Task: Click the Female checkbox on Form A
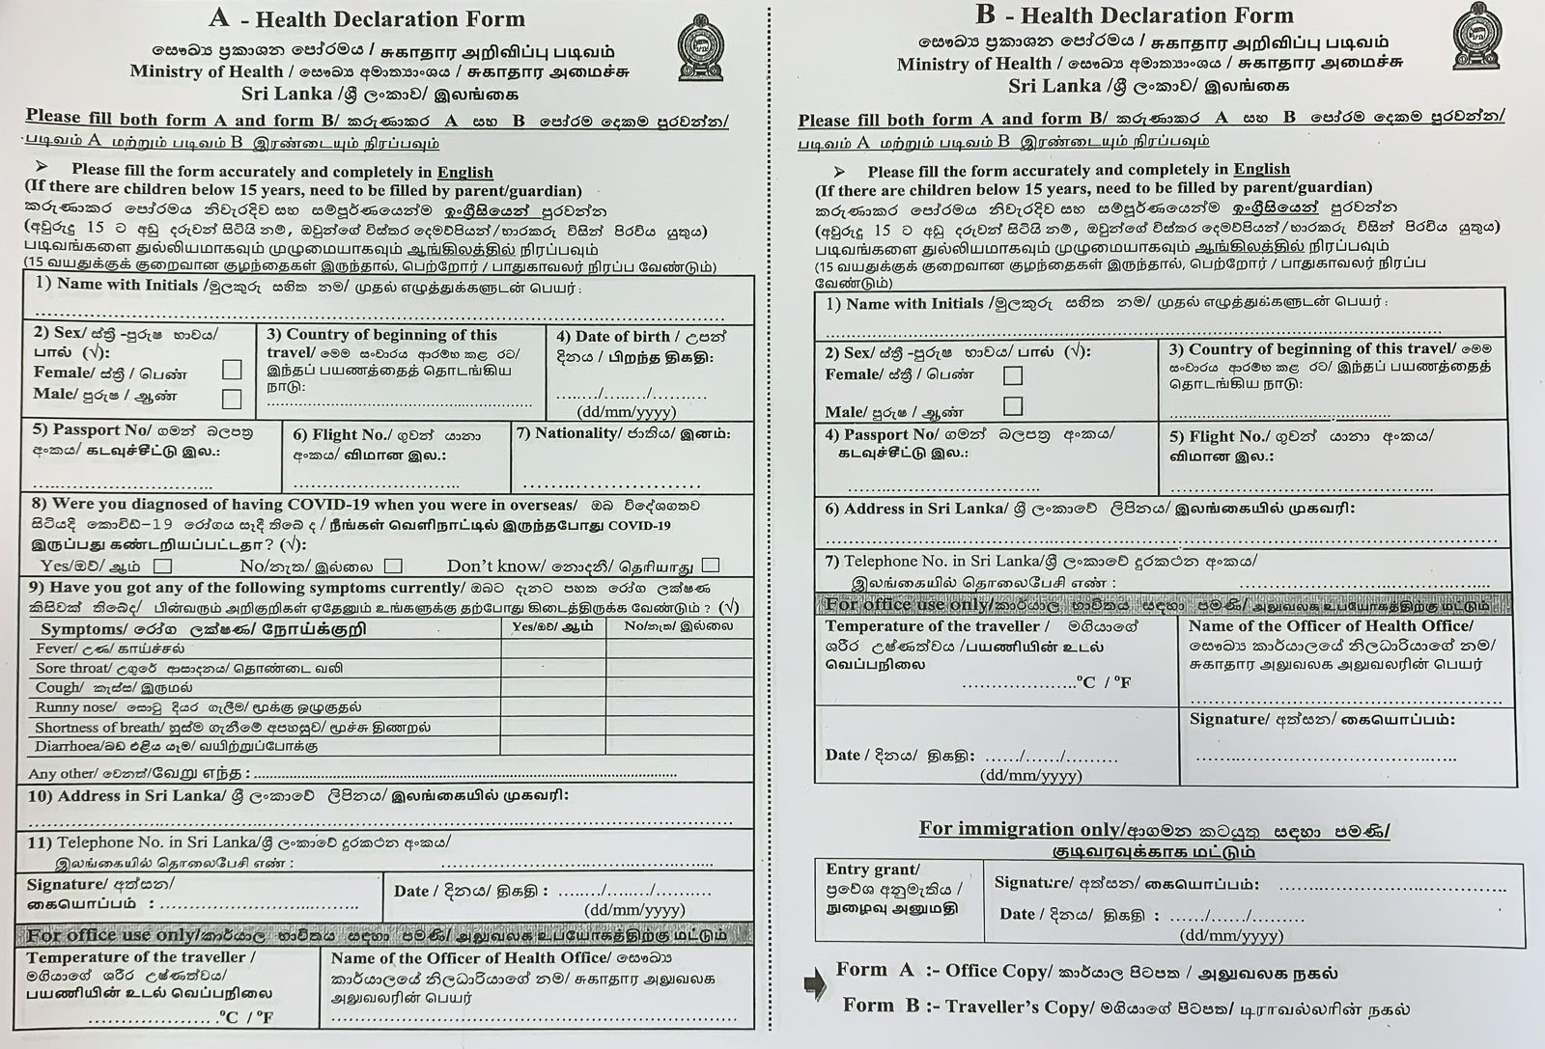[232, 370]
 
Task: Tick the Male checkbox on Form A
[232, 398]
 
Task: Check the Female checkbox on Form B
[1013, 375]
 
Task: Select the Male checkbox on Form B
[1013, 406]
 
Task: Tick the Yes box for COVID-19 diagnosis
[163, 566]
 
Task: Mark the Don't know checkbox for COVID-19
[711, 565]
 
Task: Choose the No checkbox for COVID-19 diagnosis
[393, 566]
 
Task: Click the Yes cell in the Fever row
[553, 649]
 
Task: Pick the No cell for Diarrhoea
[680, 746]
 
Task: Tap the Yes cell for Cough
[553, 687]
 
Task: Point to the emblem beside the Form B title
[1477, 37]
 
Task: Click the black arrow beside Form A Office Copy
[815, 983]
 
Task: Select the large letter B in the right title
[985, 14]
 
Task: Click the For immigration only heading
[1020, 829]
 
